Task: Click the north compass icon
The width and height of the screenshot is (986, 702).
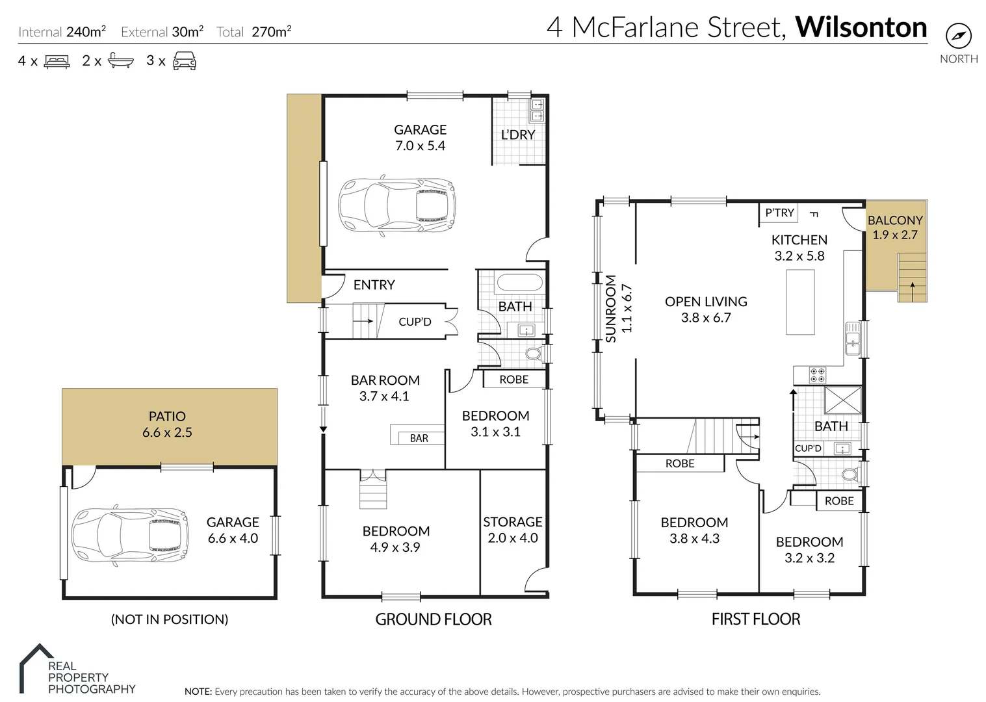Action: point(958,36)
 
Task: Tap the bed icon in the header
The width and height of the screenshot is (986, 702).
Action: point(57,62)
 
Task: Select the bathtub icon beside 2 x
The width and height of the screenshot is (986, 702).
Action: point(120,61)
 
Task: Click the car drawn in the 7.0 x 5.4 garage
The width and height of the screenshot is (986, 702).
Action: point(396,204)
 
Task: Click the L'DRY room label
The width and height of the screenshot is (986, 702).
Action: point(518,135)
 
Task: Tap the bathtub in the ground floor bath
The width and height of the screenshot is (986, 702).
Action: point(519,283)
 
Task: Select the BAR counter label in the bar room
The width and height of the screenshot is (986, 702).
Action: point(419,438)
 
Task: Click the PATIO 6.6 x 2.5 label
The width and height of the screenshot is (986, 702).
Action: point(167,424)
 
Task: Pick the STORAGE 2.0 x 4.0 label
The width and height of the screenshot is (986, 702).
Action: point(512,530)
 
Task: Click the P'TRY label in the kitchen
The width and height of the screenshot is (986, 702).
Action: point(779,213)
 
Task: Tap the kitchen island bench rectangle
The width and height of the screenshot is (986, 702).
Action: point(800,302)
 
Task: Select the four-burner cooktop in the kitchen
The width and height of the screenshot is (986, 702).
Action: point(817,375)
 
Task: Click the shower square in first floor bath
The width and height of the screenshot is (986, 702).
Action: point(842,400)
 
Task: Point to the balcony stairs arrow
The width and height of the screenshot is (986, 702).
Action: point(913,291)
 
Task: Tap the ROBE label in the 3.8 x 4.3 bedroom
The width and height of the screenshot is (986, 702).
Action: point(680,463)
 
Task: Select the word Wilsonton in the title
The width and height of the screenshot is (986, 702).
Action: point(861,27)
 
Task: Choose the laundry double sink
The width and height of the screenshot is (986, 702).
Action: point(538,110)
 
